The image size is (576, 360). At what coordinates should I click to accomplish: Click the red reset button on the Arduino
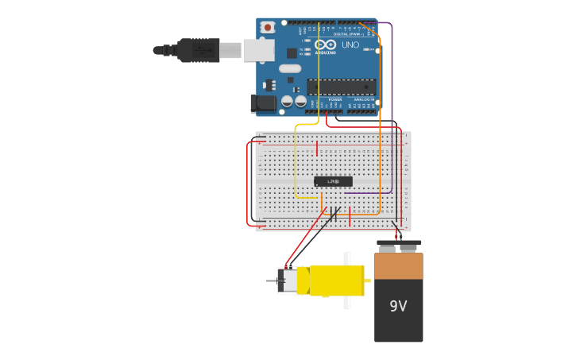267,27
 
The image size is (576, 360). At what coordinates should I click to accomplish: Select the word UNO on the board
350,45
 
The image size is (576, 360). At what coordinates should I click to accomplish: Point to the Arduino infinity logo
325,45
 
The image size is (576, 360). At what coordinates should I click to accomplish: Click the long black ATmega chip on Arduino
341,87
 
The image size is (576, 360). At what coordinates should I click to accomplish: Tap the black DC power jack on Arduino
263,103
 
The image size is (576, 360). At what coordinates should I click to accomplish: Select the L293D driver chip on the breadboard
333,181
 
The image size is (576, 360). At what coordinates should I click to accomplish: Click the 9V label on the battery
398,306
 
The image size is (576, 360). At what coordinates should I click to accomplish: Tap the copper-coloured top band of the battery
398,266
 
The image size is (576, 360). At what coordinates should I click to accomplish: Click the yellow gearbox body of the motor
336,281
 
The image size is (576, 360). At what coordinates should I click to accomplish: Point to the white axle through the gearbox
346,281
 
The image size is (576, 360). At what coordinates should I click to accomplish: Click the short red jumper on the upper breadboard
316,148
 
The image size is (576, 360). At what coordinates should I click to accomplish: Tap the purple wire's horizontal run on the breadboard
368,192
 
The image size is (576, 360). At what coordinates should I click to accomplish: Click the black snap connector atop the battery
398,244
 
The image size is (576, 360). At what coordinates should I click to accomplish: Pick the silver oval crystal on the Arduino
290,68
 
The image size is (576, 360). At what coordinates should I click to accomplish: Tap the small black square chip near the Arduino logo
292,53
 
